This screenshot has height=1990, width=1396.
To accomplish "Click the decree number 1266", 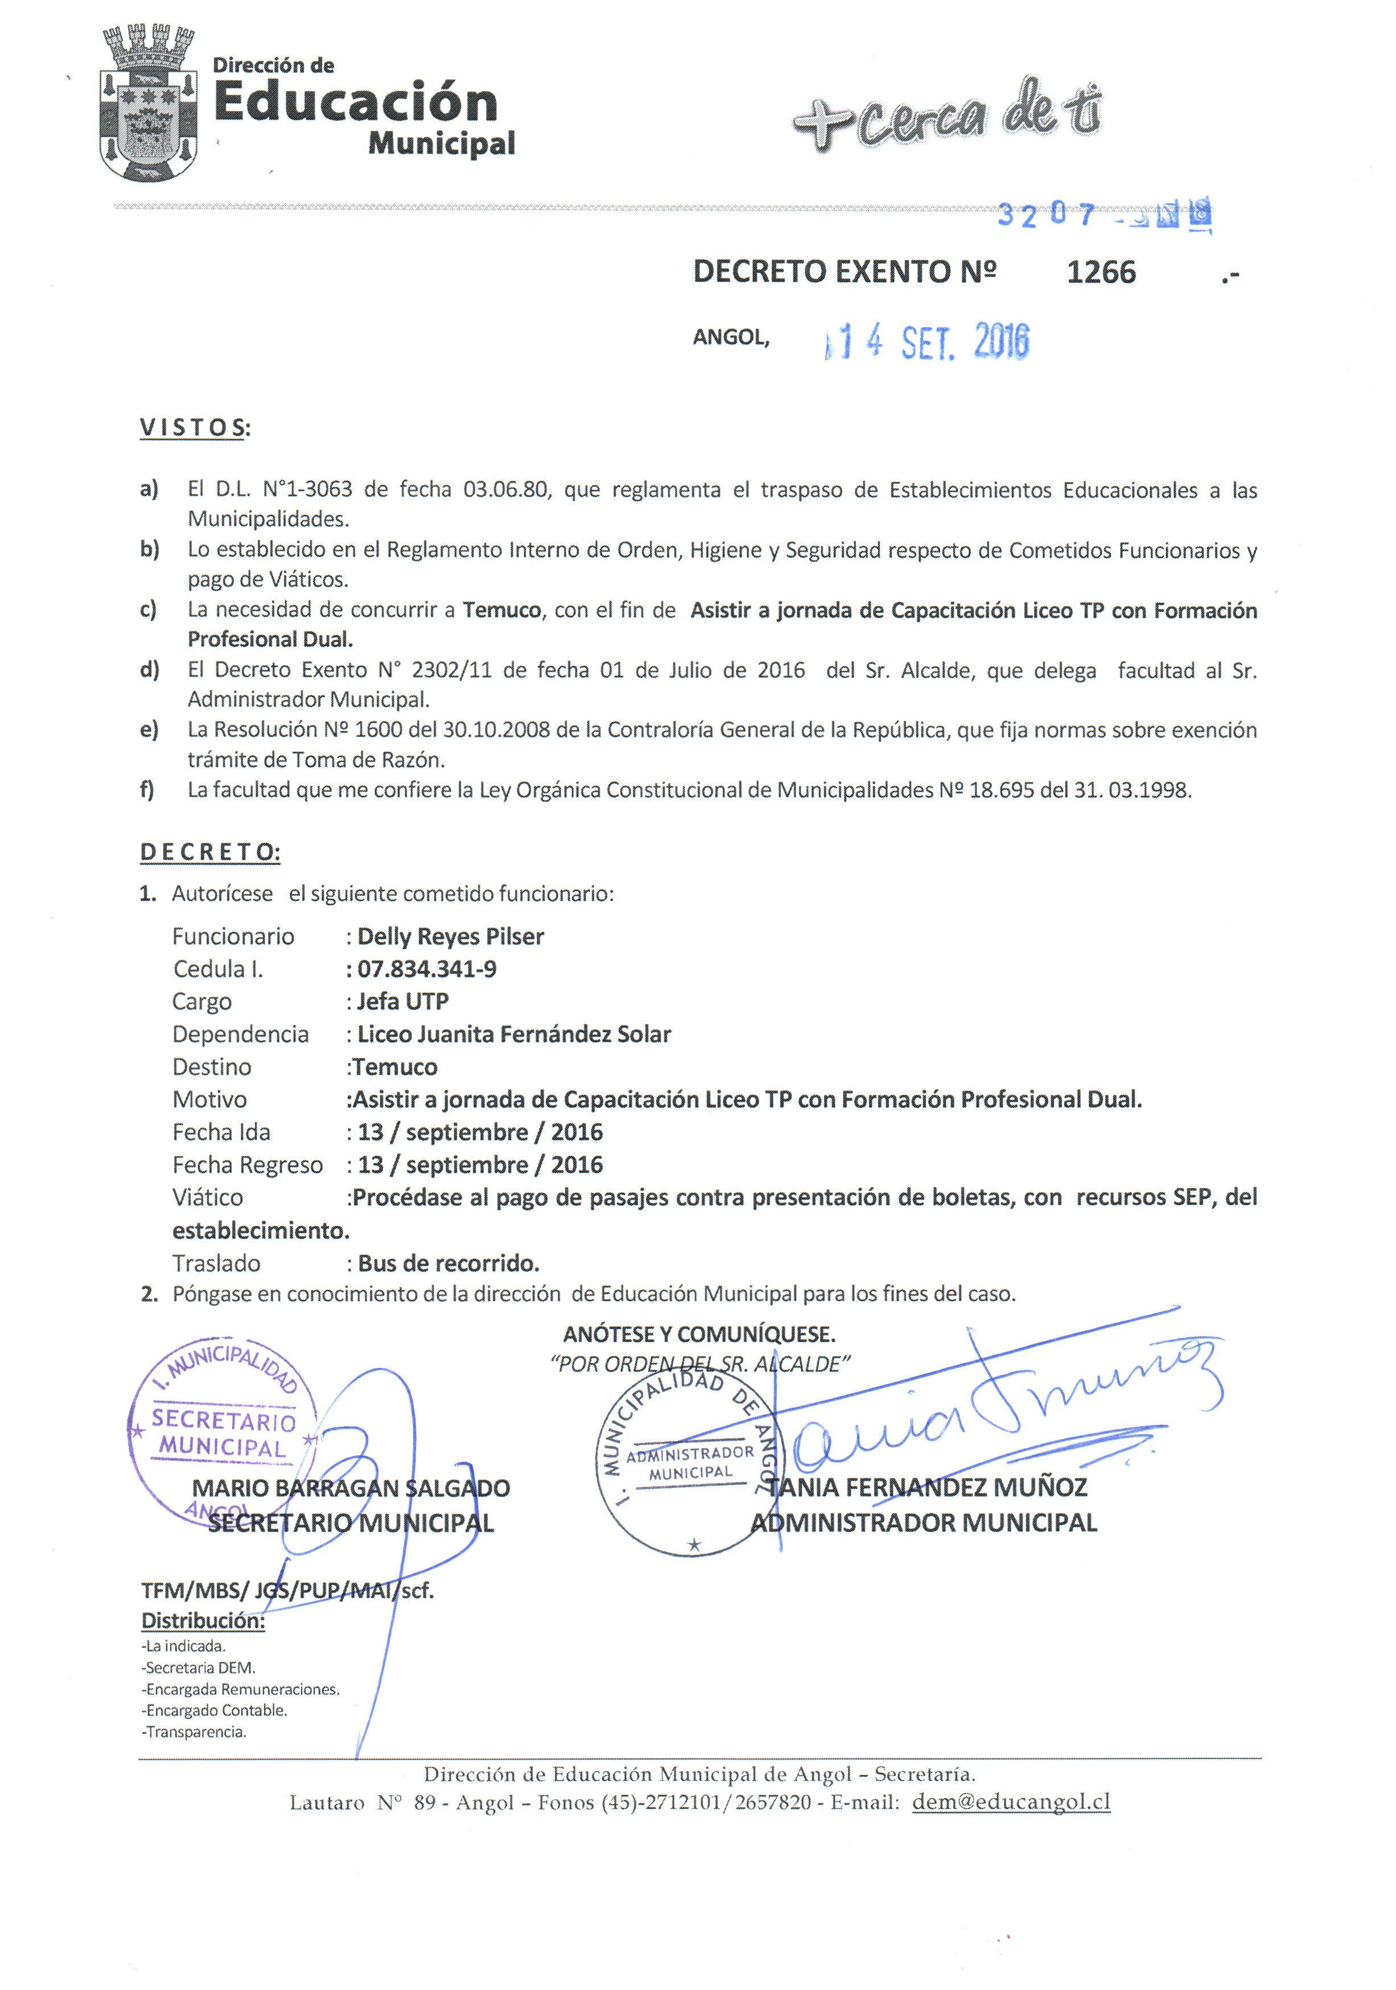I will (1101, 272).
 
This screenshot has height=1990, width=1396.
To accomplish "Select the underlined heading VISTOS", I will (192, 427).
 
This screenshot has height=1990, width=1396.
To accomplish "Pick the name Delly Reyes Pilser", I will (451, 936).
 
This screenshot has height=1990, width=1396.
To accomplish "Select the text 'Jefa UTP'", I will (403, 1001).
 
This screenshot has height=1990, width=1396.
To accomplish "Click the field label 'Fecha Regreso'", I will (247, 1165).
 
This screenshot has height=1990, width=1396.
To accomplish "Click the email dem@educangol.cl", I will (1011, 1802).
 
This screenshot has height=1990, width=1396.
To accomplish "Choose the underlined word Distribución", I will (203, 1620).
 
